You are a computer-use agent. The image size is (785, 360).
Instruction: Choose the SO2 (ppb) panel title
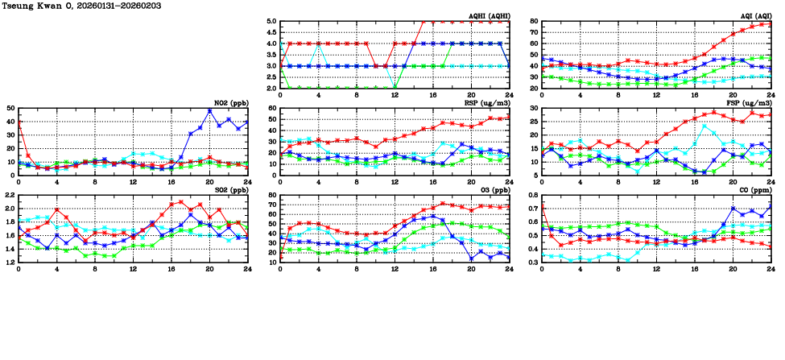tap(232, 190)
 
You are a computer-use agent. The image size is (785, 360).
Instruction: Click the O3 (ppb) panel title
tap(492, 190)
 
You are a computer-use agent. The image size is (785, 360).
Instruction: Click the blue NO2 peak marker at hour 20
tap(209, 111)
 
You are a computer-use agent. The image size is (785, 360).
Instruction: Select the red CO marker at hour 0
tap(542, 204)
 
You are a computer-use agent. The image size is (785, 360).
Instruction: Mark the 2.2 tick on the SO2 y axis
tap(10, 196)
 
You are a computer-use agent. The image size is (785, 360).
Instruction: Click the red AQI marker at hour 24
tap(771, 23)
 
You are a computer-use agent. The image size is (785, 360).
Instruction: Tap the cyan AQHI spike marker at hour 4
tap(319, 44)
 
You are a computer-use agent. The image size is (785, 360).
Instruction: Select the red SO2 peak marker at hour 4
tap(57, 209)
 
